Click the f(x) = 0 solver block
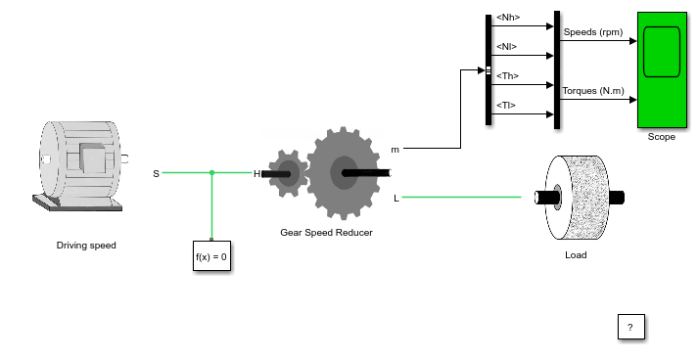click(211, 256)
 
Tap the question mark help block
click(630, 327)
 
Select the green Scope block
click(662, 69)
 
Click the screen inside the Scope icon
click(662, 52)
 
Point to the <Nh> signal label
click(508, 18)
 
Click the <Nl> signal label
click(506, 47)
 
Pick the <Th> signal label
click(507, 76)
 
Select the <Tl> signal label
click(506, 106)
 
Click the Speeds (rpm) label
click(593, 32)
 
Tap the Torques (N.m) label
click(593, 91)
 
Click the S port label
click(156, 173)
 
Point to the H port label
click(256, 174)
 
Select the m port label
click(395, 150)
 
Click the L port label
click(396, 199)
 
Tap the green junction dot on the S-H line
click(211, 172)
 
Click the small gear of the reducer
click(289, 173)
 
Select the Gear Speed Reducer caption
click(326, 232)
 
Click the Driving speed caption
click(86, 246)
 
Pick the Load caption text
click(576, 255)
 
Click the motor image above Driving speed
click(80, 165)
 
